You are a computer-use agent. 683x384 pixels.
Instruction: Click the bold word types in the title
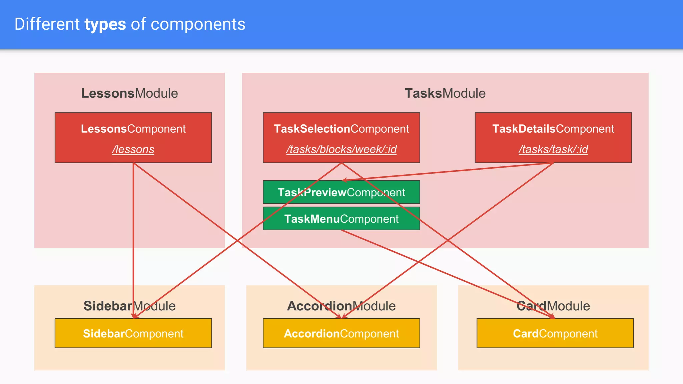pyautogui.click(x=105, y=25)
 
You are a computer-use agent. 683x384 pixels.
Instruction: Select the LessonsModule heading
pyautogui.click(x=129, y=93)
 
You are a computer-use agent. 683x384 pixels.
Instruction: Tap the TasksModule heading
pyautogui.click(x=445, y=93)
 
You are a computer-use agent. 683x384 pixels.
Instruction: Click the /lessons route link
pyautogui.click(x=133, y=149)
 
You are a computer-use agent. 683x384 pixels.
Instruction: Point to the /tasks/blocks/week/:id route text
pyautogui.click(x=341, y=149)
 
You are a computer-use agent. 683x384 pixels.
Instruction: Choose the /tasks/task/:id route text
pyautogui.click(x=553, y=149)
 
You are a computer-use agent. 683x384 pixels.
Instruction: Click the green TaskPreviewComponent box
pyautogui.click(x=341, y=192)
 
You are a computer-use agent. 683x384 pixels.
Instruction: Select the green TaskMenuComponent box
pyautogui.click(x=341, y=219)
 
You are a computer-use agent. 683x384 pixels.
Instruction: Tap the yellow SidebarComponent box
pyautogui.click(x=133, y=334)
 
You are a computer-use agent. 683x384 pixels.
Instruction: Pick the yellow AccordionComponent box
pyautogui.click(x=341, y=334)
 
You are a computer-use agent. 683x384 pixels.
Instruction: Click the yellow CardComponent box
pyautogui.click(x=555, y=334)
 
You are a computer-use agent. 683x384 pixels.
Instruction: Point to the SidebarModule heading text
pyautogui.click(x=129, y=306)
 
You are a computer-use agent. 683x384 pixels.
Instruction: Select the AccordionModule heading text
pyautogui.click(x=341, y=306)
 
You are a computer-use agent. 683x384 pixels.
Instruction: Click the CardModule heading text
pyautogui.click(x=553, y=306)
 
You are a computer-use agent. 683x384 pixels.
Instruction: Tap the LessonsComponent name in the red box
pyautogui.click(x=133, y=129)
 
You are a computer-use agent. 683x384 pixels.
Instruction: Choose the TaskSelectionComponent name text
pyautogui.click(x=341, y=129)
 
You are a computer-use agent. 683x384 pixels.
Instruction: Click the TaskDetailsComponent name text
pyautogui.click(x=553, y=129)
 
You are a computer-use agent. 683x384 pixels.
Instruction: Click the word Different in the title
pyautogui.click(x=47, y=25)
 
